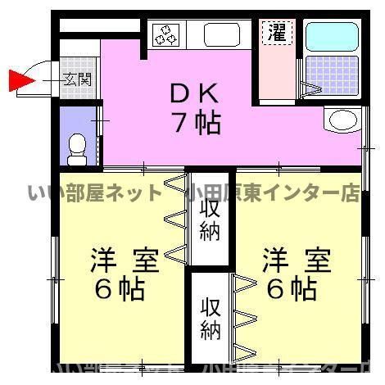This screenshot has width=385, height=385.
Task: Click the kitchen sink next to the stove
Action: pos(220,35)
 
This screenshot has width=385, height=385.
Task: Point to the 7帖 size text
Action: pos(195,123)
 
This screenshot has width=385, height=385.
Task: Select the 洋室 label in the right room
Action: pos(297,261)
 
